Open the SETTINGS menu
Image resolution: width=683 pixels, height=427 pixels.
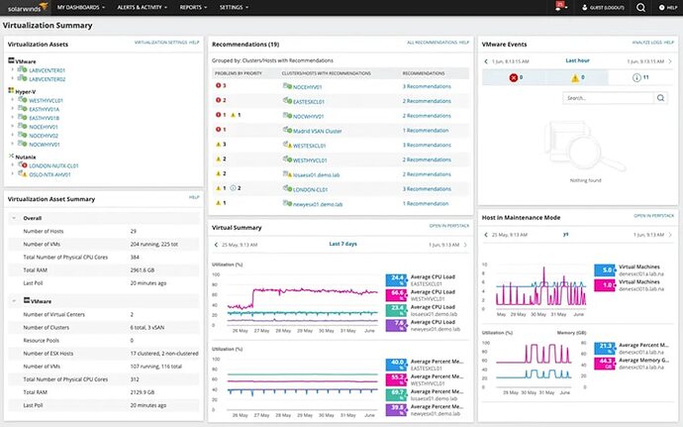click(234, 7)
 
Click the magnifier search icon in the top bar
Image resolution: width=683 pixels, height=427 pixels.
click(640, 7)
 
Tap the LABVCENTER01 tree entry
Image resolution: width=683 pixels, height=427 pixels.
click(47, 70)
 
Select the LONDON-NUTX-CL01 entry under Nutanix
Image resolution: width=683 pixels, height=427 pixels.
click(54, 165)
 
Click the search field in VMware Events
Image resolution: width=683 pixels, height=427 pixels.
click(607, 98)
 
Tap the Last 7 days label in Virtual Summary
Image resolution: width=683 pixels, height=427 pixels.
click(342, 244)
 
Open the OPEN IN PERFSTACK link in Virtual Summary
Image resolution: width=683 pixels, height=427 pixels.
click(448, 226)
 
